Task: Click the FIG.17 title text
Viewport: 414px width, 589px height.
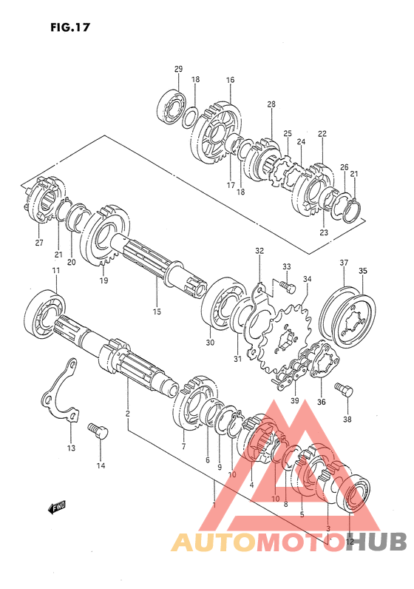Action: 70,27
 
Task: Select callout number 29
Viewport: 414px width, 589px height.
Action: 178,69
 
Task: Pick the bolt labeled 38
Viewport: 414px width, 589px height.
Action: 344,389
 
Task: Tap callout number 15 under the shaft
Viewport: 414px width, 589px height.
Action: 157,312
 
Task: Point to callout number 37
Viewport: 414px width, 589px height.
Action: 344,263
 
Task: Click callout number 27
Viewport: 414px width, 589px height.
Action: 39,243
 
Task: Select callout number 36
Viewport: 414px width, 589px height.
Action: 322,402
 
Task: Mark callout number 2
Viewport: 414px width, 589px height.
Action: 128,414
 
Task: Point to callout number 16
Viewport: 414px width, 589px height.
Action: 230,80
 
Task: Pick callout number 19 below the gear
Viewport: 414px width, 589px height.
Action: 103,280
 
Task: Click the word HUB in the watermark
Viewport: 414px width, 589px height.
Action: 376,542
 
